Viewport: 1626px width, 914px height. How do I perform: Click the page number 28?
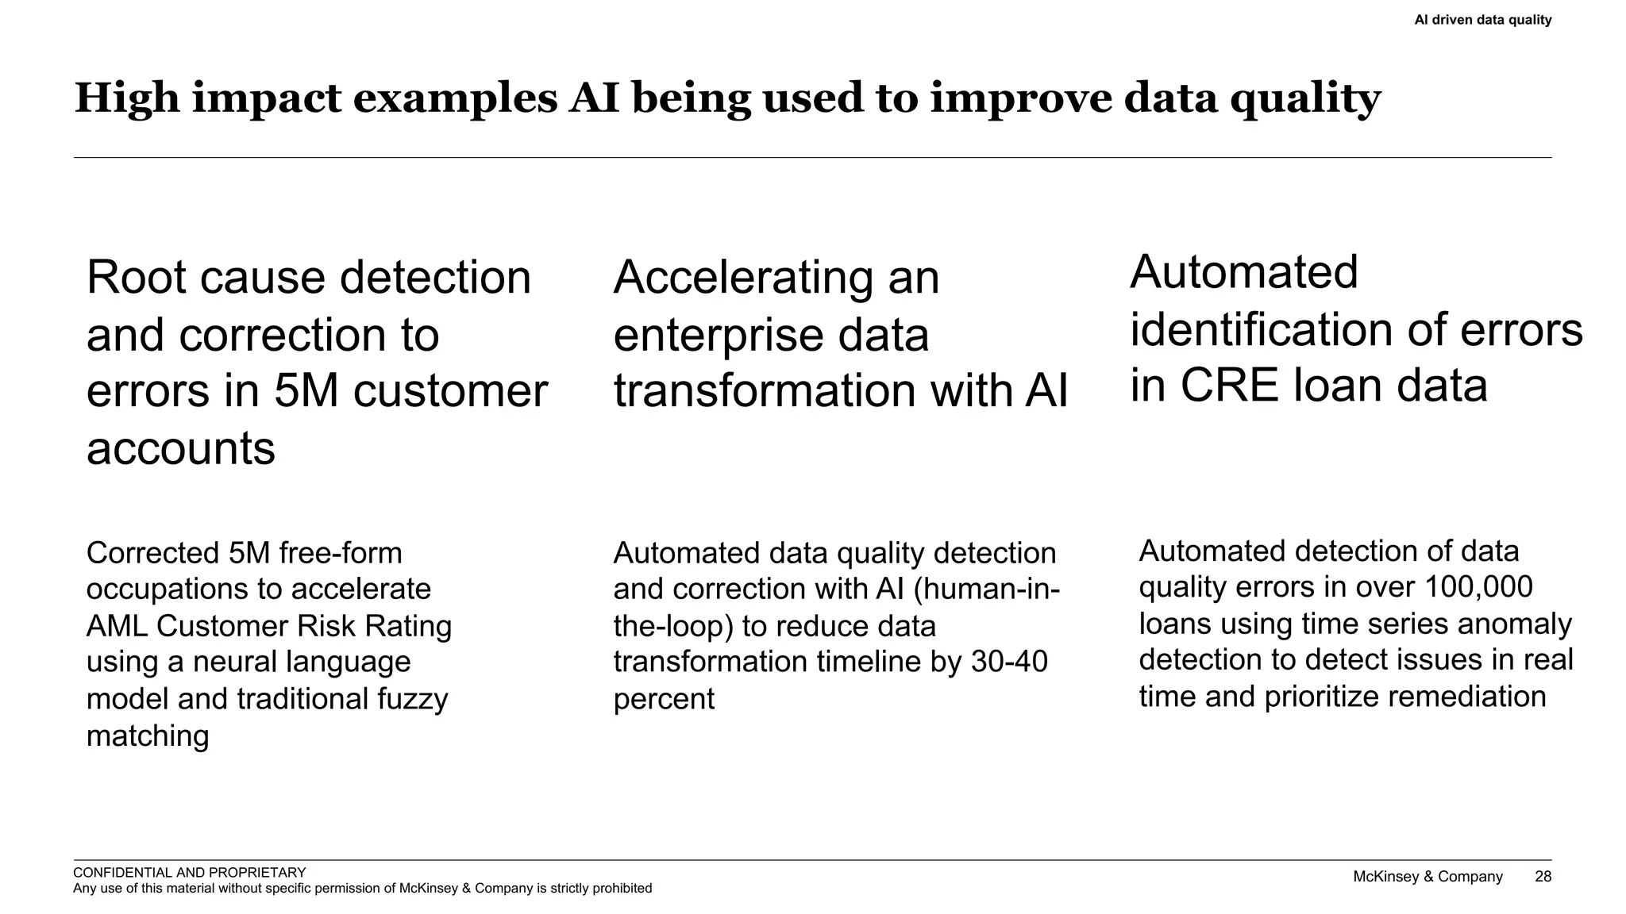click(x=1543, y=877)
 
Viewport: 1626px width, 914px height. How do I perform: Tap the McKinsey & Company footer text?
click(x=1428, y=877)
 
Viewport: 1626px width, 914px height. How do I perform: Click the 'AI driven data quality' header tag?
click(x=1482, y=20)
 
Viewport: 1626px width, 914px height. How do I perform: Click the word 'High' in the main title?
click(x=127, y=99)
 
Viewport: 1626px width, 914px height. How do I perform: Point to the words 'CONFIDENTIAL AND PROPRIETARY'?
click(x=189, y=873)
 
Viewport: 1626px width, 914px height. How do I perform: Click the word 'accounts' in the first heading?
click(x=180, y=448)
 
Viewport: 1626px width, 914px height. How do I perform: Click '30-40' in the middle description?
click(x=1009, y=662)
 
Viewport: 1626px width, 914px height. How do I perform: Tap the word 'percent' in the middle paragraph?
click(x=664, y=699)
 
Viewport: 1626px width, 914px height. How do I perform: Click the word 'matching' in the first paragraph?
click(x=148, y=736)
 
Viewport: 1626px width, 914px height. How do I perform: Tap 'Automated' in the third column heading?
click(x=1243, y=272)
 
